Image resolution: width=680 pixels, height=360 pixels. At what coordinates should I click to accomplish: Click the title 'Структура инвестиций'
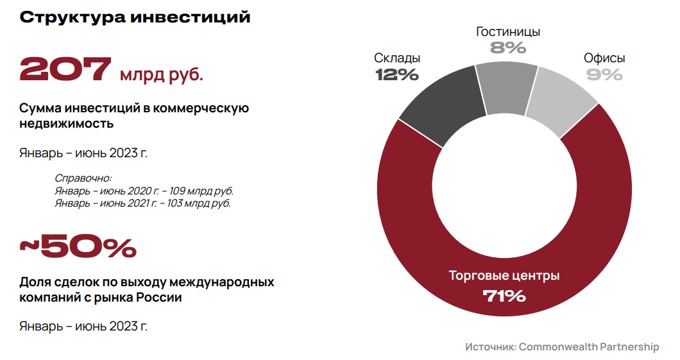(x=135, y=17)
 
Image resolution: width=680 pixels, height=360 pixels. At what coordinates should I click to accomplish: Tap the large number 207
(x=65, y=69)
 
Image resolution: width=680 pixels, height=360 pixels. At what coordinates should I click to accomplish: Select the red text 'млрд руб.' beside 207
(x=162, y=75)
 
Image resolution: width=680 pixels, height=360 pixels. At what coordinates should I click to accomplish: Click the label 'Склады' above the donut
(x=397, y=58)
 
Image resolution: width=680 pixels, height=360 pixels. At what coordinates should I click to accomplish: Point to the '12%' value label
(x=397, y=75)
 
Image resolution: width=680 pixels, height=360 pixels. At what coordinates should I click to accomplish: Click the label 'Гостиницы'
(x=508, y=31)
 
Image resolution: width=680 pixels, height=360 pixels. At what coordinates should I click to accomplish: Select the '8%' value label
(x=508, y=47)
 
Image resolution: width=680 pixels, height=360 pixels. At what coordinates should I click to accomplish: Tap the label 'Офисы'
(x=604, y=58)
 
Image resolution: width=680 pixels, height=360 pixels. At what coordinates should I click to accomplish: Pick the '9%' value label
(x=604, y=75)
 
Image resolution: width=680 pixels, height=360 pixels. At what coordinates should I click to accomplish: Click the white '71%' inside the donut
(x=504, y=296)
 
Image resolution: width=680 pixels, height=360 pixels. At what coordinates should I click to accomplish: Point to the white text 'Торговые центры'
(x=504, y=276)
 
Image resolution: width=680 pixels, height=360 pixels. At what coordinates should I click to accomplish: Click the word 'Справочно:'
(x=83, y=178)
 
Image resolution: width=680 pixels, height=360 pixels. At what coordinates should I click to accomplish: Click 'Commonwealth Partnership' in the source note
(x=589, y=347)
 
